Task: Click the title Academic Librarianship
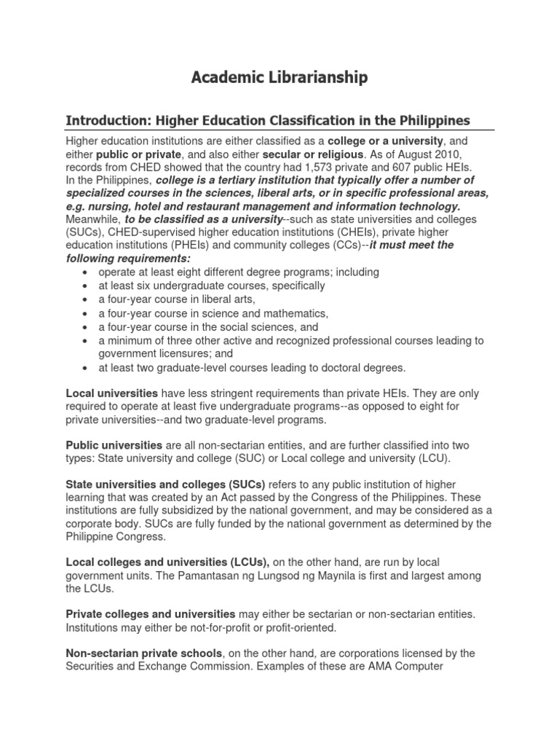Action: point(279,77)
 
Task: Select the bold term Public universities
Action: point(114,444)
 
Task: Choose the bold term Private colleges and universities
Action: point(150,614)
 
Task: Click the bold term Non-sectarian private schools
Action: point(143,653)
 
